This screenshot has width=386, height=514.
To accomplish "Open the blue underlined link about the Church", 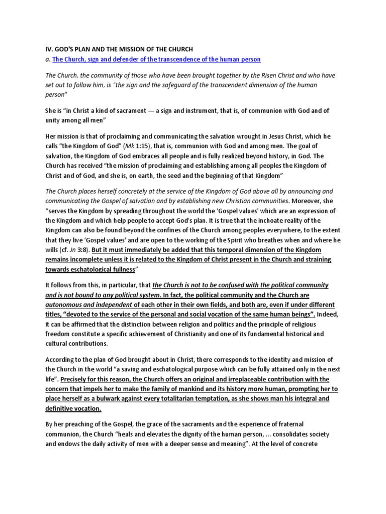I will point(156,59).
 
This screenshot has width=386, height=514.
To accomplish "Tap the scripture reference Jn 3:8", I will point(73,250).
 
